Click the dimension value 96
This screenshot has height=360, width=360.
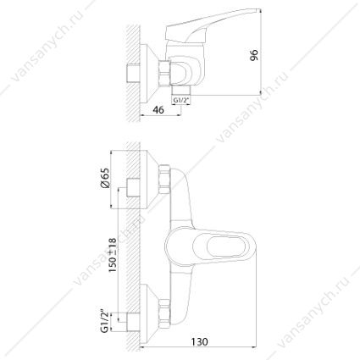click(254, 55)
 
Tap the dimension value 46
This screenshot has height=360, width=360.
click(158, 110)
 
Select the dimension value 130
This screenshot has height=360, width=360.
click(199, 341)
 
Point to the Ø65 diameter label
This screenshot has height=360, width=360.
click(104, 178)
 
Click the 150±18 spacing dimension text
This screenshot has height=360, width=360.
click(113, 255)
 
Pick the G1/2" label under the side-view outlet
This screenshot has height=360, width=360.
click(181, 100)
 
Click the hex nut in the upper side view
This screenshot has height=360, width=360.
click(165, 72)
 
